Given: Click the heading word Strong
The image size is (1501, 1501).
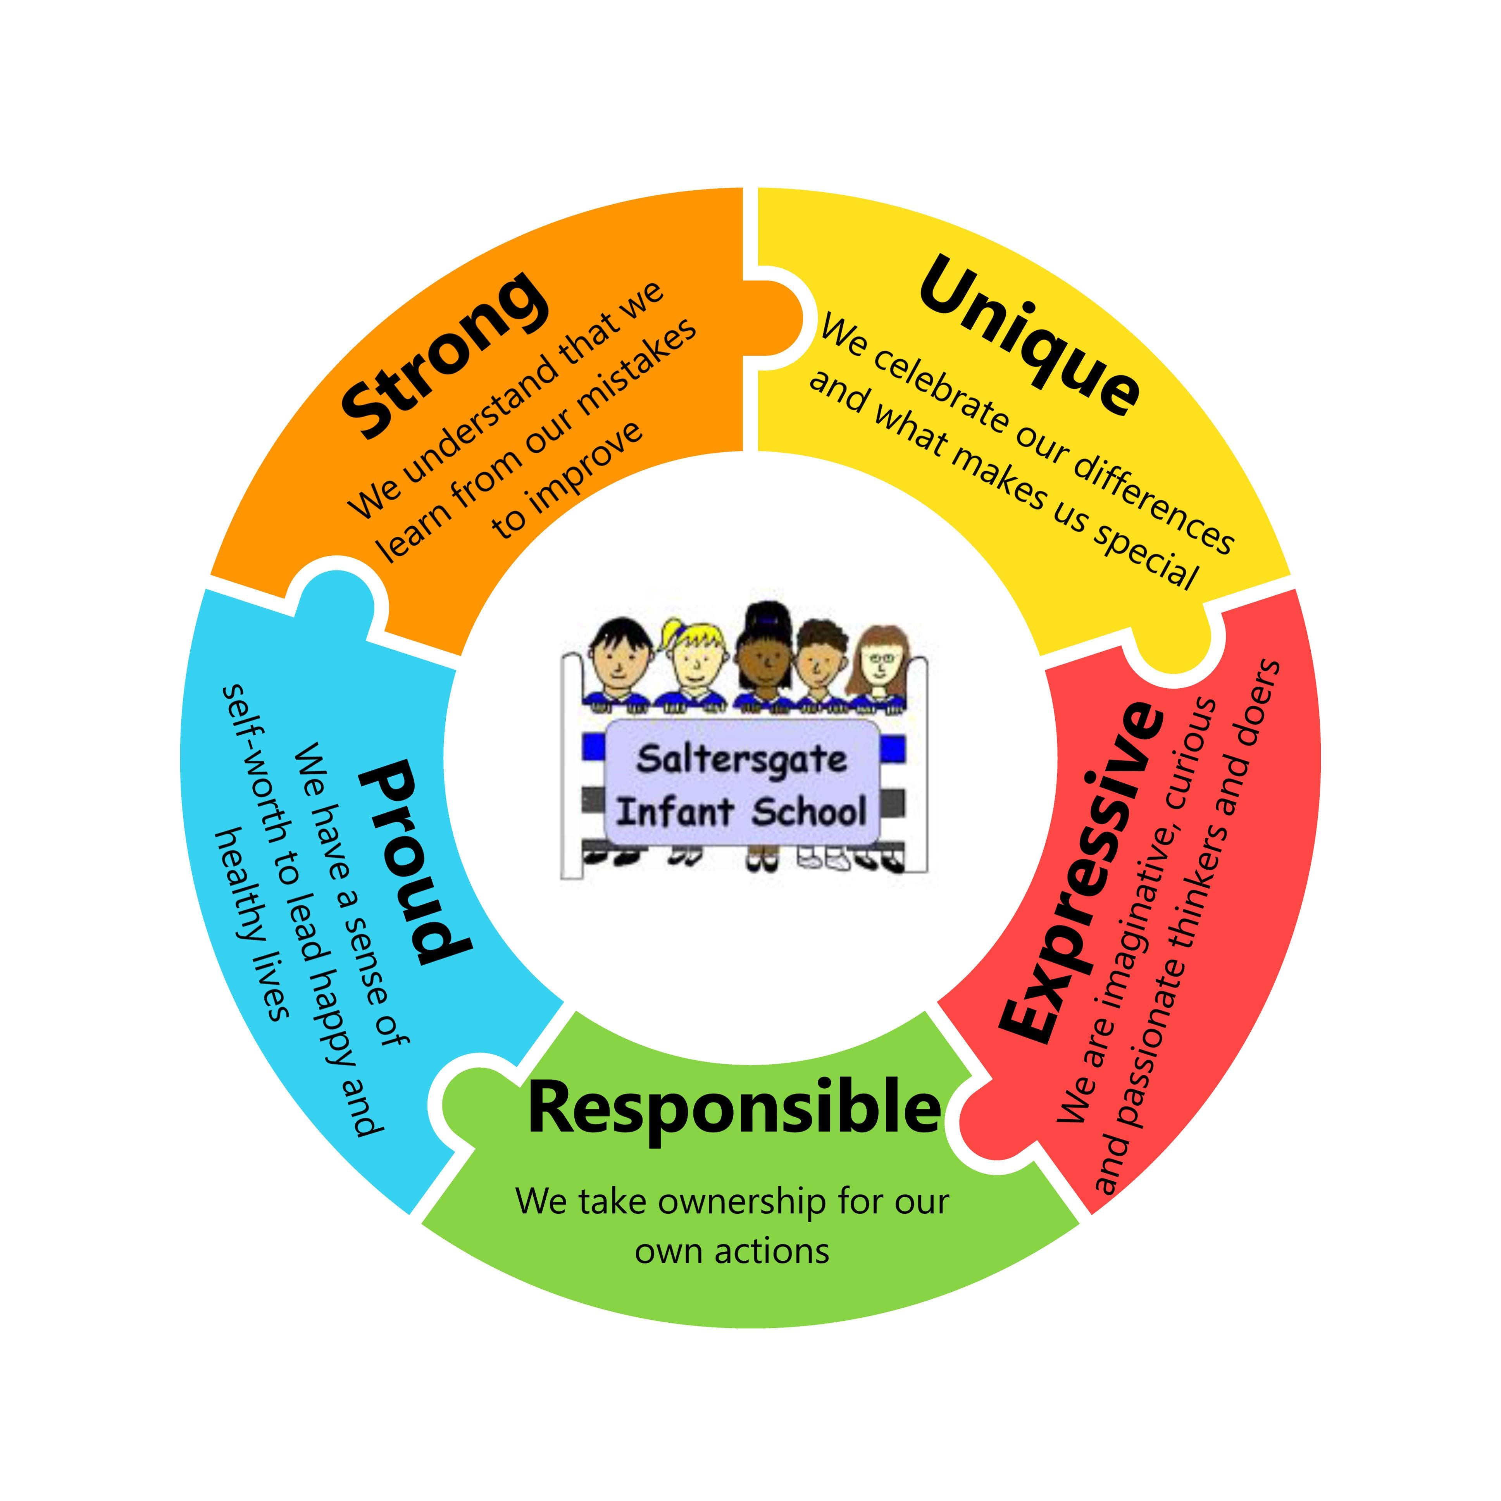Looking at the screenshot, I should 443,353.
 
